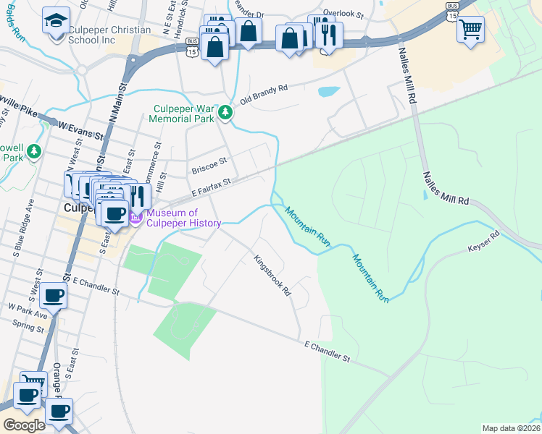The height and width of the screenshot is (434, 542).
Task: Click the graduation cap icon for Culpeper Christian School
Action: click(55, 20)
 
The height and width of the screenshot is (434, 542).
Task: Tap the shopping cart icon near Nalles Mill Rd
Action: click(471, 29)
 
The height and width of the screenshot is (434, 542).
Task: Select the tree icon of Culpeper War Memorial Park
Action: click(226, 112)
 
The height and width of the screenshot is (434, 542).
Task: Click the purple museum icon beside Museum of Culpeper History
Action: click(136, 216)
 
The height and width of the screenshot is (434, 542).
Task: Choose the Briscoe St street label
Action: click(209, 166)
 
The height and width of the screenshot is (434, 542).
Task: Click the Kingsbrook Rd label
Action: click(272, 276)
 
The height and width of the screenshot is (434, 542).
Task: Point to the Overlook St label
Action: click(342, 13)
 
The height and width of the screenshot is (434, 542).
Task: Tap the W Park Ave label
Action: click(28, 311)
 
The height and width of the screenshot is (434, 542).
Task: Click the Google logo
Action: click(24, 425)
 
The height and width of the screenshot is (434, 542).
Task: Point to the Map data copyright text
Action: click(511, 428)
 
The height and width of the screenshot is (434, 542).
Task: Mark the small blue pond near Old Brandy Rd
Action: click(328, 92)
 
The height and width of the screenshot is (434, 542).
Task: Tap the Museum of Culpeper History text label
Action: click(183, 218)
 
